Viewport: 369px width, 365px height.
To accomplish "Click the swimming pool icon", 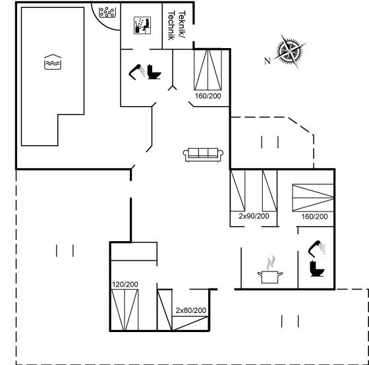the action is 53,62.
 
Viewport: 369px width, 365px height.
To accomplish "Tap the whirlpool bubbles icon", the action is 107,13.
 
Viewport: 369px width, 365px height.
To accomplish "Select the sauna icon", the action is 142,26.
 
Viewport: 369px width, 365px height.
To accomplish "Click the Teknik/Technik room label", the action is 177,25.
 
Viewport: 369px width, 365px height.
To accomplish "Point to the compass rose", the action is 290,51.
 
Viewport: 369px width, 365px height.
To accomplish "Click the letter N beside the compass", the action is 267,61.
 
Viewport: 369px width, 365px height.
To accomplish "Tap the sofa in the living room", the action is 203,155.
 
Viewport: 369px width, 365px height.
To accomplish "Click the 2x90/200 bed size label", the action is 254,216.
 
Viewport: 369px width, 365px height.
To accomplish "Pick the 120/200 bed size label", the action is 125,285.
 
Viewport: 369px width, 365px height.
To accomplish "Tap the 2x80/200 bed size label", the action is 191,310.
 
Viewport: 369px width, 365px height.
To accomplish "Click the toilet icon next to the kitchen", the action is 317,269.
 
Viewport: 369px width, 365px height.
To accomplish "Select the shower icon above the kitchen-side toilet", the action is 317,248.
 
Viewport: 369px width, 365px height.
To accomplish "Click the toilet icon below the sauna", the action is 154,72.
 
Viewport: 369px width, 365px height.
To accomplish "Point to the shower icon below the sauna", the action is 137,72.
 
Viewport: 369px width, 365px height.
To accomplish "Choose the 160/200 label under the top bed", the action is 208,96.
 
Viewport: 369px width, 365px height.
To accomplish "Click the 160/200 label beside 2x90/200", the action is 315,217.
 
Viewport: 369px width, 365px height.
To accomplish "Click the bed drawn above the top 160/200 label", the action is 208,70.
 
